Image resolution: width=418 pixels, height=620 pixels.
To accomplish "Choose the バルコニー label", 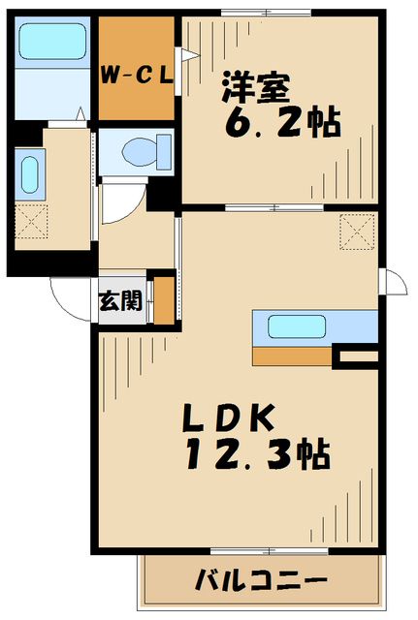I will pyautogui.click(x=260, y=582).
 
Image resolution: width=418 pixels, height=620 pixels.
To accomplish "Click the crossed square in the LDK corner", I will pyautogui.click(x=355, y=232).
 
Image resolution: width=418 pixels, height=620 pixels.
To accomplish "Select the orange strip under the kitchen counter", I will pyautogui.click(x=292, y=356).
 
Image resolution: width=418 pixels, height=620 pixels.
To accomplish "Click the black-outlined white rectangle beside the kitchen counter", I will pyautogui.click(x=354, y=358).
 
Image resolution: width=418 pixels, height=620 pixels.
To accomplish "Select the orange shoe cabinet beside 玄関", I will pyautogui.click(x=165, y=299).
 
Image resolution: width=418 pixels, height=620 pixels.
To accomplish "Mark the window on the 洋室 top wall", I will pyautogui.click(x=266, y=12).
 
